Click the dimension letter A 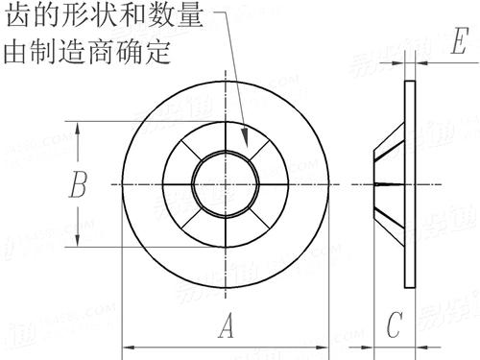pyautogui.click(x=227, y=327)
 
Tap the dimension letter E pyautogui.click(x=460, y=43)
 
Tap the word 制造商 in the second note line pyautogui.click(x=86, y=50)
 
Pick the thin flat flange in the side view pyautogui.click(x=409, y=182)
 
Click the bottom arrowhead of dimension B pyautogui.click(x=77, y=242)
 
